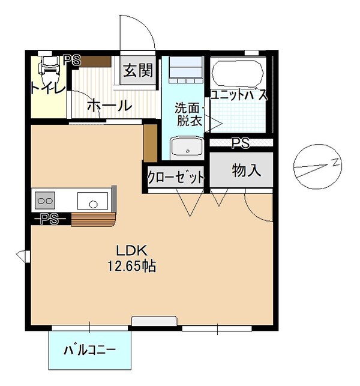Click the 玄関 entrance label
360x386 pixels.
(138, 71)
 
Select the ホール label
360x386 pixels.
(109, 106)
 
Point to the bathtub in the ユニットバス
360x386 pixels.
(238, 74)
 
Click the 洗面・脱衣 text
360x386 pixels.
(189, 115)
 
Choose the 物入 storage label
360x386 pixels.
(246, 171)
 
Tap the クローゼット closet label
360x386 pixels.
(176, 178)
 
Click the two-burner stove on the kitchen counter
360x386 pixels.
(45, 199)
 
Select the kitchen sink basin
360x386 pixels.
(93, 199)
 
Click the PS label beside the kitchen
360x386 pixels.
(49, 219)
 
